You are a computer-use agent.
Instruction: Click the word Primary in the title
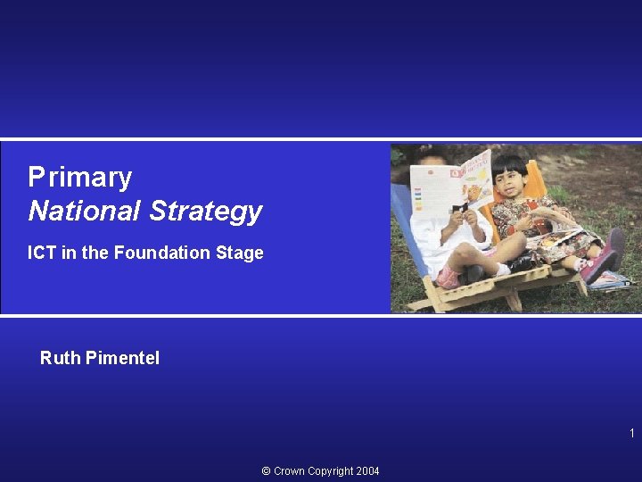[79, 178]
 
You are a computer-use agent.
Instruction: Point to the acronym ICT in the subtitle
[41, 253]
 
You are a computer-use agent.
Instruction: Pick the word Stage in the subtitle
[240, 253]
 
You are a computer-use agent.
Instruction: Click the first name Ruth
[60, 359]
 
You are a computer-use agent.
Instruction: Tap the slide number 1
[631, 434]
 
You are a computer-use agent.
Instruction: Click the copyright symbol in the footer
[267, 471]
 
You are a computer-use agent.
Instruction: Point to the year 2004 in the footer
[367, 471]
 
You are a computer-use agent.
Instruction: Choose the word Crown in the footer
[291, 471]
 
